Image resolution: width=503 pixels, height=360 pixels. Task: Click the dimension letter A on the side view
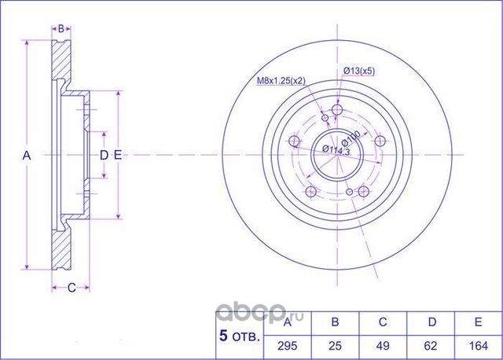point(26,156)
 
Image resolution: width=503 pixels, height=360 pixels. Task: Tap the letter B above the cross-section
point(61,28)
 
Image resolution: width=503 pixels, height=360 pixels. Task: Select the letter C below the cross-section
point(70,288)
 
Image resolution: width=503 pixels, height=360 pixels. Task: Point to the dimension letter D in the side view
point(103,156)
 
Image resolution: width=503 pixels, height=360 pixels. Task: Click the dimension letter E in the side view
point(117,156)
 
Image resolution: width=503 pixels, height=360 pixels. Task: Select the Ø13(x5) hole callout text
point(358,72)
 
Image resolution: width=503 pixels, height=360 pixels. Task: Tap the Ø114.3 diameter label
point(336,149)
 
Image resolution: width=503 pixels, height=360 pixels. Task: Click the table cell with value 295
point(287,344)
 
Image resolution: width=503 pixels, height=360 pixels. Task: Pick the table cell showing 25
point(336,344)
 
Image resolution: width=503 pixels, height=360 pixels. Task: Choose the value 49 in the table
point(383,344)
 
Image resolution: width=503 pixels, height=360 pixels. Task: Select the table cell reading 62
point(431,344)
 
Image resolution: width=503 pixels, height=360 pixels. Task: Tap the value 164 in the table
point(478,344)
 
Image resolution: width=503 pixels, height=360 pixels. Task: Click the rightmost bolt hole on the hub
point(381,141)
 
